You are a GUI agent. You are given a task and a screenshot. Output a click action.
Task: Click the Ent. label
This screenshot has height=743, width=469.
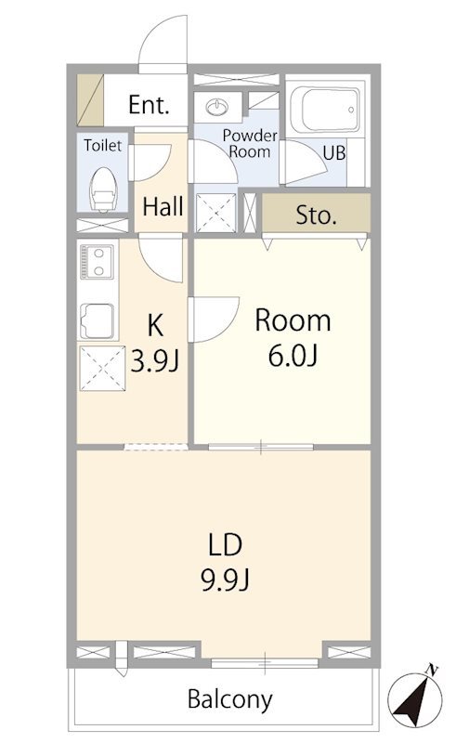point(149,104)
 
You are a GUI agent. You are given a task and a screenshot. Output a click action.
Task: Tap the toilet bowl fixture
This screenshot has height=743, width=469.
point(103,189)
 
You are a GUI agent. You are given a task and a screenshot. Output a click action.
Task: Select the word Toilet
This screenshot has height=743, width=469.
point(102,145)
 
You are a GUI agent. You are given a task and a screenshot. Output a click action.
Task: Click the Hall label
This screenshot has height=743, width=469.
point(163,206)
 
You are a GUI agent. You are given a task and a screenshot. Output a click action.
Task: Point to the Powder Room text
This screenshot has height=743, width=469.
point(250,144)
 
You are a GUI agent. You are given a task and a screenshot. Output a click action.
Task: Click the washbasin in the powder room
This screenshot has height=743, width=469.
point(217,107)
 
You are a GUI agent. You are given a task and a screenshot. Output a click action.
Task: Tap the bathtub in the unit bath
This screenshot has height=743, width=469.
point(324,109)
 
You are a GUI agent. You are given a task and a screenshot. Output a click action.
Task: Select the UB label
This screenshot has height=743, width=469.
point(334,153)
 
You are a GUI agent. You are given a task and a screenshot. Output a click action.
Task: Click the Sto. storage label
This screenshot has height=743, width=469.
point(316,215)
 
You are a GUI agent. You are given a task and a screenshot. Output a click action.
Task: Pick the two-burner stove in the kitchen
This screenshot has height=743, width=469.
point(98,262)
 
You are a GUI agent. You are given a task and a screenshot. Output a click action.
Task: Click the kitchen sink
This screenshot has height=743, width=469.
point(98,320)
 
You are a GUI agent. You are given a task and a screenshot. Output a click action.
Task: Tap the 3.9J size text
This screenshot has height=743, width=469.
point(154,362)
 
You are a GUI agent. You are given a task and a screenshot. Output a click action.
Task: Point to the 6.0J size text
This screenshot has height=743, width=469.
point(293,356)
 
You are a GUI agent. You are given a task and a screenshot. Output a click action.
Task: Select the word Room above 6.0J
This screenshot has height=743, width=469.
point(293,320)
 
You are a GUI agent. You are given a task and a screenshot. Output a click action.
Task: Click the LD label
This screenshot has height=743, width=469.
point(226,544)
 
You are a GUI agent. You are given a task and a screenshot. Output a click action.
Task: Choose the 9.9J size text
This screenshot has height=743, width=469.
point(226,580)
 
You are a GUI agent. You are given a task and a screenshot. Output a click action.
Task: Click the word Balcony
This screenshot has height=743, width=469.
point(230,699)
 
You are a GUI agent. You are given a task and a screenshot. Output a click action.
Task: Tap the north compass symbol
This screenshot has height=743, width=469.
point(415,696)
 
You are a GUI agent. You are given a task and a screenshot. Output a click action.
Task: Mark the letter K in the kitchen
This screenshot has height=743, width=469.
point(155,326)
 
